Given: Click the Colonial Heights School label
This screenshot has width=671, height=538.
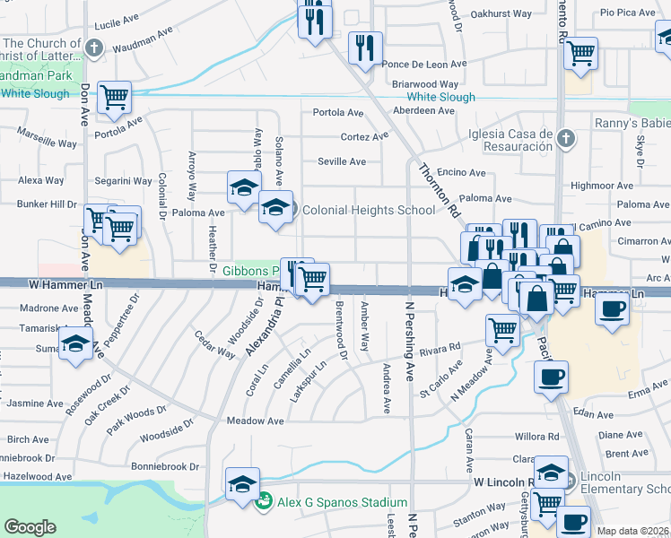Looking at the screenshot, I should click(x=368, y=211).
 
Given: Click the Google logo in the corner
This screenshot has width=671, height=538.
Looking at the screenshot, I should click(x=30, y=528).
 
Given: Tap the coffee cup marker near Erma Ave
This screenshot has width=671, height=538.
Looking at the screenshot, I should click(x=551, y=376).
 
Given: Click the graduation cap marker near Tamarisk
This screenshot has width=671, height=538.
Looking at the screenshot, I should click(x=76, y=343).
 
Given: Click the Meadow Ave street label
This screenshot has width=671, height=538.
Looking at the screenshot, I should click(x=256, y=421).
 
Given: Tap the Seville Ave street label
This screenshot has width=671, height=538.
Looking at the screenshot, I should click(x=342, y=161).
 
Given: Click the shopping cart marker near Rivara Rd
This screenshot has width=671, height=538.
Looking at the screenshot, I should click(x=502, y=329).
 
